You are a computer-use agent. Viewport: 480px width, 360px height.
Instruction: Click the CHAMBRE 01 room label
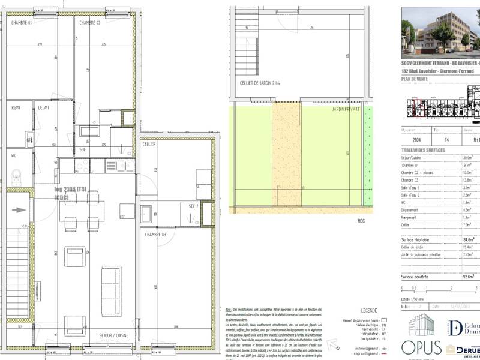[23, 23]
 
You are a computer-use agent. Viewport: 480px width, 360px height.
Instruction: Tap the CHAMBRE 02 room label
[89, 23]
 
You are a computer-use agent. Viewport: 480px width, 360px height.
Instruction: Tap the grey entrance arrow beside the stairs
[20, 210]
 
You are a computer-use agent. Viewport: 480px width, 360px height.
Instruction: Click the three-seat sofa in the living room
[110, 281]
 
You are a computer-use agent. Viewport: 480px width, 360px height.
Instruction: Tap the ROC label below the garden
[361, 221]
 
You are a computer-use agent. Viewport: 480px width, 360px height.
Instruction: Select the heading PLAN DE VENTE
[415, 79]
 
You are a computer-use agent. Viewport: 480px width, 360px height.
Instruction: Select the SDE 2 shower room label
[193, 206]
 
